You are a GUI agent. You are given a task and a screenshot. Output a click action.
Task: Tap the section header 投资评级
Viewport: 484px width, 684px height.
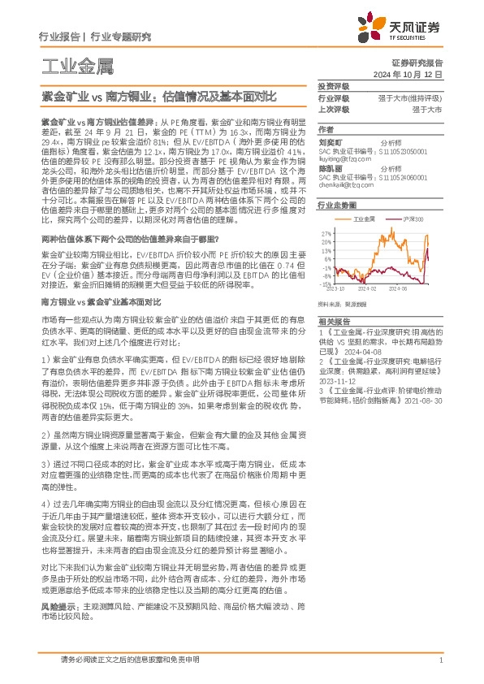333,86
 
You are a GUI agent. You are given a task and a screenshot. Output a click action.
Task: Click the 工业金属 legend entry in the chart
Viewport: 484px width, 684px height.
364,220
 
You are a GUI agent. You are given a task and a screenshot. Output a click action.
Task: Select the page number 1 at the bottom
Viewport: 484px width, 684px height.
439,660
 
